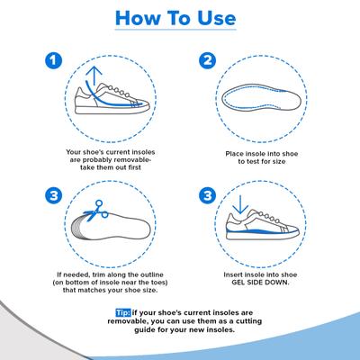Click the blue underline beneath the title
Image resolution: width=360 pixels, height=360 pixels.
click(x=179, y=37)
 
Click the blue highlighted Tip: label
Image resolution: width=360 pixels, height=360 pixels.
click(x=122, y=312)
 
